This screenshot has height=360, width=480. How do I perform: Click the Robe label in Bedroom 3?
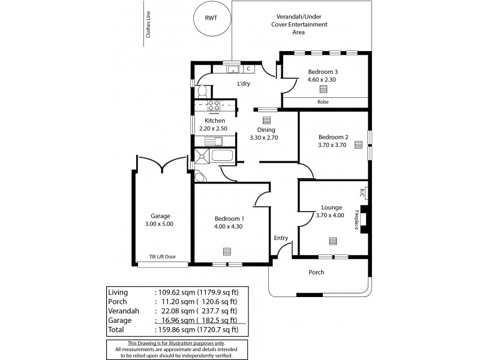323,102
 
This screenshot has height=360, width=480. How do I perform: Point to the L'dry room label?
244,83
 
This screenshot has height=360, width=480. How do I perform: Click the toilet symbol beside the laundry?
202,91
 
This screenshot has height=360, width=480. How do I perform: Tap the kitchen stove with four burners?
213,106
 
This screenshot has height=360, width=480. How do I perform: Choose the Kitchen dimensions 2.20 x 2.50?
214,128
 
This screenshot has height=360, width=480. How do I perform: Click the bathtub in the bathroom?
221,157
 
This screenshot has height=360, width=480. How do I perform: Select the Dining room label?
266,130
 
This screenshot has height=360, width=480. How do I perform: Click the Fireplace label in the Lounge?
356,220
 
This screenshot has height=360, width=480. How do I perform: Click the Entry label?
281,238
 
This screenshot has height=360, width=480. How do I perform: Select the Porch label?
316,272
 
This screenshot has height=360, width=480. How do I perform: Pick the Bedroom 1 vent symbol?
227,251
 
